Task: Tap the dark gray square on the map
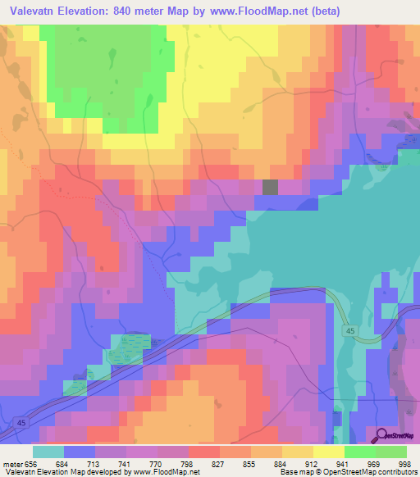click(x=270, y=187)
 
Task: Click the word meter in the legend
click(x=13, y=466)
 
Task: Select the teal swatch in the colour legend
click(x=48, y=452)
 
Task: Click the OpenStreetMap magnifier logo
click(x=379, y=437)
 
